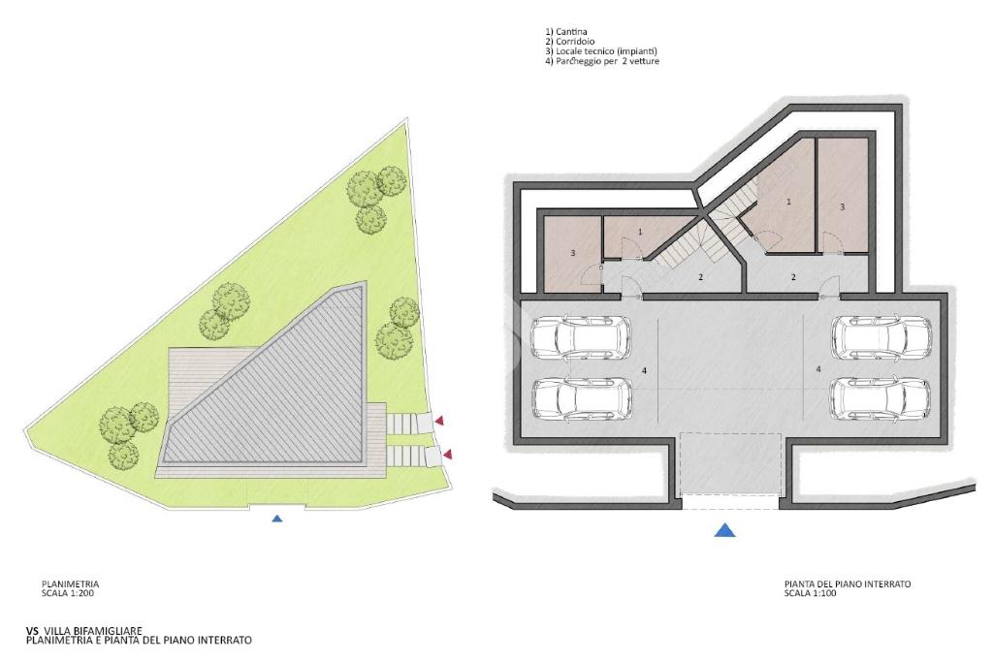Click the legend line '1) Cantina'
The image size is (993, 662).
pyautogui.click(x=565, y=31)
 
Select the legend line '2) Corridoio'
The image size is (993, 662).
pyautogui.click(x=569, y=41)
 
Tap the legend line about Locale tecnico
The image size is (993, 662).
pyautogui.click(x=601, y=51)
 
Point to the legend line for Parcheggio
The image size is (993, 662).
pyautogui.click(x=601, y=61)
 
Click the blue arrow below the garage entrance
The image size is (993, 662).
pyautogui.click(x=724, y=530)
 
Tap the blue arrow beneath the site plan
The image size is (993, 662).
pyautogui.click(x=276, y=519)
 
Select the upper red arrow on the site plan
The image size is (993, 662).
pyautogui.click(x=438, y=420)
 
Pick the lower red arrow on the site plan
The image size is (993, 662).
pyautogui.click(x=448, y=455)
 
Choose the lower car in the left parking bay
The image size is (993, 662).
pyautogui.click(x=582, y=398)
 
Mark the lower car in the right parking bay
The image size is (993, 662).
pyautogui.click(x=881, y=398)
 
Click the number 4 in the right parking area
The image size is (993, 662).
pyautogui.click(x=818, y=368)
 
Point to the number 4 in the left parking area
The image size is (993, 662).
pyautogui.click(x=644, y=370)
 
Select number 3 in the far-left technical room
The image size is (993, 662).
pyautogui.click(x=572, y=253)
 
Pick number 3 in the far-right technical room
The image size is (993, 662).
pyautogui.click(x=842, y=206)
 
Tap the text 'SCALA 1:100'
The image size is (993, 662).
pyautogui.click(x=811, y=593)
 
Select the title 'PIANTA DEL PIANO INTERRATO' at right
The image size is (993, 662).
pyautogui.click(x=848, y=583)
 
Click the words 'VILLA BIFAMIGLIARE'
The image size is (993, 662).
pyautogui.click(x=92, y=630)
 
